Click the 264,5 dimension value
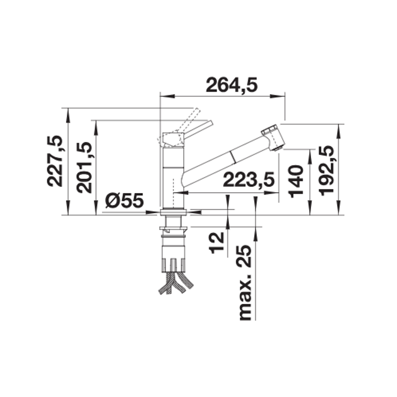[x=231, y=85]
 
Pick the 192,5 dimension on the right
[x=326, y=170]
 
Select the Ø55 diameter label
[x=125, y=201]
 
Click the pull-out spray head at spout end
[x=272, y=138]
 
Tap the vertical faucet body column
[x=173, y=177]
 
